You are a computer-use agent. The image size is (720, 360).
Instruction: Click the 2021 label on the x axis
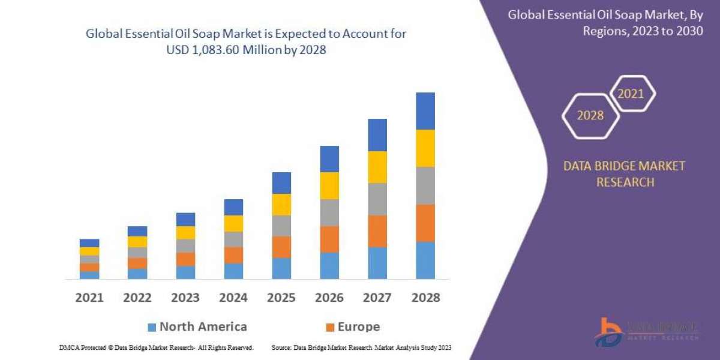pyautogui.click(x=89, y=297)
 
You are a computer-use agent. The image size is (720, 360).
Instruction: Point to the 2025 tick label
pyautogui.click(x=281, y=297)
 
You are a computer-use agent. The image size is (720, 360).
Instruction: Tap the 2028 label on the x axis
pyautogui.click(x=425, y=297)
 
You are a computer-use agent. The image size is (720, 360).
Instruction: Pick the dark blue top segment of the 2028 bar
pyautogui.click(x=425, y=111)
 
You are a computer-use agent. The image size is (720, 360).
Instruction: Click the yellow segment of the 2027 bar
pyautogui.click(x=377, y=167)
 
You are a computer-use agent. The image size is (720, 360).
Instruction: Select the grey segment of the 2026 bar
pyautogui.click(x=329, y=212)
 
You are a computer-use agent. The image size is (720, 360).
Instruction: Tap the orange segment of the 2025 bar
pyautogui.click(x=281, y=247)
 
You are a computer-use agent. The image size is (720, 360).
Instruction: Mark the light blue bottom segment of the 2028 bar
pyautogui.click(x=425, y=260)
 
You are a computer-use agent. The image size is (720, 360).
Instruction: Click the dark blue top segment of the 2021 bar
pyautogui.click(x=89, y=243)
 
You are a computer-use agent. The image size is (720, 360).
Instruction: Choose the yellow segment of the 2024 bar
pyautogui.click(x=233, y=223)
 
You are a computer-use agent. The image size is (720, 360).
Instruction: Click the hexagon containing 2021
pyautogui.click(x=631, y=94)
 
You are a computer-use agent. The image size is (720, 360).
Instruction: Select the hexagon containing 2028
pyautogui.click(x=590, y=115)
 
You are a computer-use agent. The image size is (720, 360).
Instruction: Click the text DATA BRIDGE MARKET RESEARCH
pyautogui.click(x=624, y=174)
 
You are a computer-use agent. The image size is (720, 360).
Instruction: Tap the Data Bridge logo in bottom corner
pyautogui.click(x=646, y=332)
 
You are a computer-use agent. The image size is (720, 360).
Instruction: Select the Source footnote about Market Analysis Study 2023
pyautogui.click(x=361, y=347)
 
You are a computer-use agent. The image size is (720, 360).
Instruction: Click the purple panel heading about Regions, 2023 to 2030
pyautogui.click(x=605, y=23)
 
